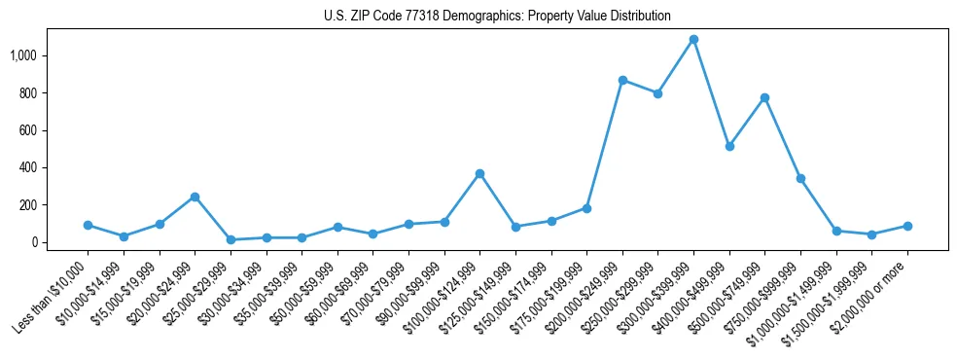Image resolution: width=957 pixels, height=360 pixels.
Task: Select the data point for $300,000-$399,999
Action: click(693, 40)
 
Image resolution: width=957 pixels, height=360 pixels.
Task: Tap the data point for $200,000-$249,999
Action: click(622, 81)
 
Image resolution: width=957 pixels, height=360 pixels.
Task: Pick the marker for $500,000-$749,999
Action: click(764, 97)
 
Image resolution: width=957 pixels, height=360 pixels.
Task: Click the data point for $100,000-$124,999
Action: click(479, 173)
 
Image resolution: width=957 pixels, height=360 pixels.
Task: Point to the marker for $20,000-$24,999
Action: click(195, 197)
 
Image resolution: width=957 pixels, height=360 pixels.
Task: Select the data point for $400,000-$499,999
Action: click(729, 146)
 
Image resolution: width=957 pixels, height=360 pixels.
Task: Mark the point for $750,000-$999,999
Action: click(800, 178)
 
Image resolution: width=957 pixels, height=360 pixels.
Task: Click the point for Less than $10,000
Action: click(88, 225)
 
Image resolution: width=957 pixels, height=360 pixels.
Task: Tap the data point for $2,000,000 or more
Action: click(907, 226)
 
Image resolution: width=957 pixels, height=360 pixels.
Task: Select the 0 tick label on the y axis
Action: click(43, 242)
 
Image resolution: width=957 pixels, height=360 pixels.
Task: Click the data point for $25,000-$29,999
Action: click(230, 239)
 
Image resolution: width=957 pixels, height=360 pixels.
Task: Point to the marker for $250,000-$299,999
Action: click(657, 93)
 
